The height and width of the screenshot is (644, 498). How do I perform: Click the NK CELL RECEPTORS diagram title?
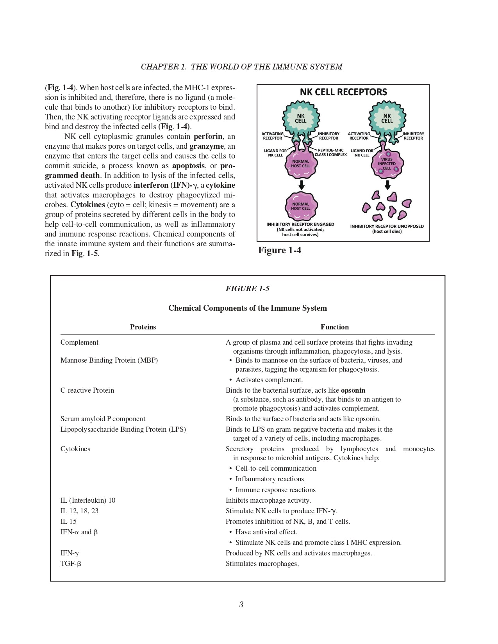[343, 92]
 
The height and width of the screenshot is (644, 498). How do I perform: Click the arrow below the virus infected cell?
[387, 184]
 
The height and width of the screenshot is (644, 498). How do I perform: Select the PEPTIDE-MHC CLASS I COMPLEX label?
[330, 152]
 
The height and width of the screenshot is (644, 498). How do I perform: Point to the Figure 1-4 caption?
[280, 251]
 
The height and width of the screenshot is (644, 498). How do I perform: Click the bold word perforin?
[208, 137]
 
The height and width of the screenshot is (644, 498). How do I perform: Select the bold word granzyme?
[207, 146]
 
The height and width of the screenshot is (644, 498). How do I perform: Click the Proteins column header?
[143, 327]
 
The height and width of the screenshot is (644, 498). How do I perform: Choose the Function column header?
[335, 327]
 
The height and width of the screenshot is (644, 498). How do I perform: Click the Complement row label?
[79, 342]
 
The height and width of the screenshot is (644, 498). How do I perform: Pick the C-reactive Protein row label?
[87, 390]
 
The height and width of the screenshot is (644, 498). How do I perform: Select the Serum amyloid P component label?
[103, 419]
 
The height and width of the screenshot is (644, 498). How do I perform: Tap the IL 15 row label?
[68, 521]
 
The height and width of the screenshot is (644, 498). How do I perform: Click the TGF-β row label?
[71, 564]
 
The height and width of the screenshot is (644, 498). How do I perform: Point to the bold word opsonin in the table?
[353, 390]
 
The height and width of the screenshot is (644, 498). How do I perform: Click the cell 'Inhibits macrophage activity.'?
[268, 500]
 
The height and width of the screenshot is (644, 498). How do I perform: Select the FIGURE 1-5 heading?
[248, 289]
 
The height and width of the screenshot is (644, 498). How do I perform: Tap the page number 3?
[241, 605]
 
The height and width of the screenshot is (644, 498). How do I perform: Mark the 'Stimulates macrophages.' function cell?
[262, 564]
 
